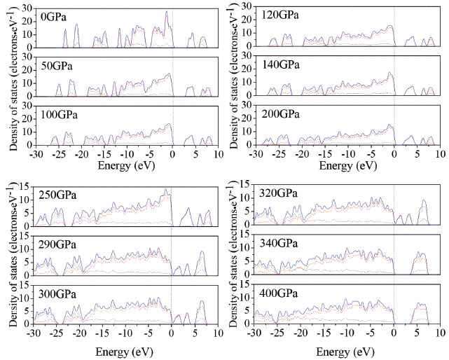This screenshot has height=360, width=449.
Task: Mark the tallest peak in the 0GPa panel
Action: pyautogui.click(x=166, y=12)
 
